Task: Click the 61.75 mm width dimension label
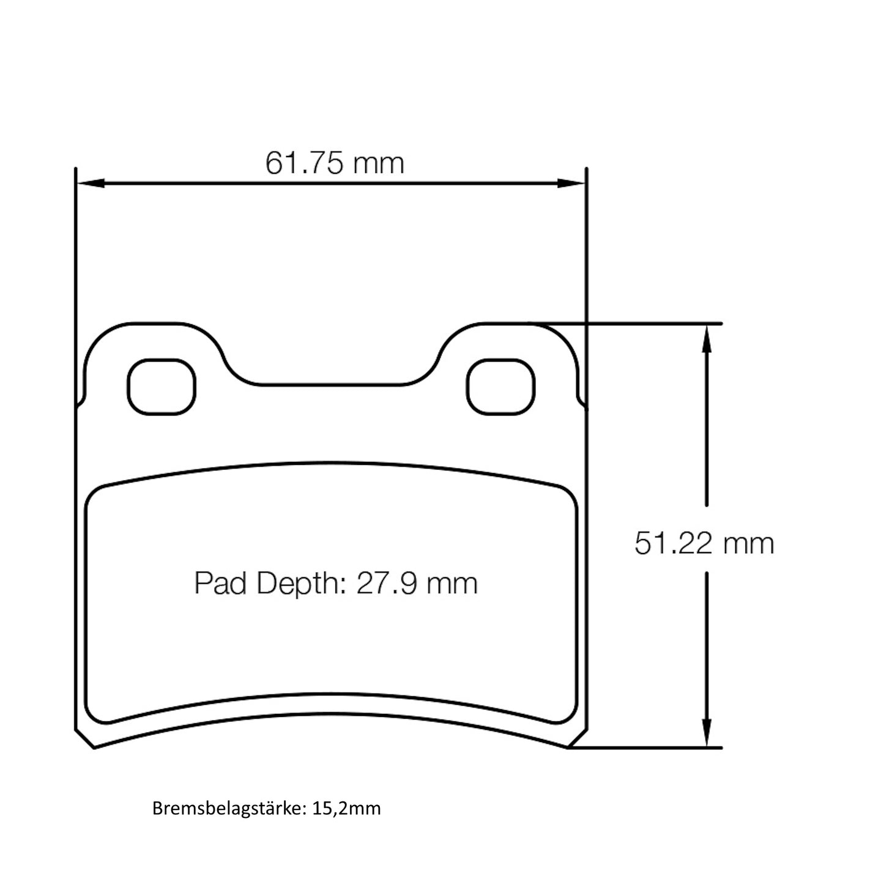[335, 163]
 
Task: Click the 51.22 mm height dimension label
[704, 543]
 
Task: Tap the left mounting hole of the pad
[162, 387]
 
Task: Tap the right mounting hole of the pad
[500, 387]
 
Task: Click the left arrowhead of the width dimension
[89, 183]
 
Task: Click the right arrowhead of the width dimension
[573, 183]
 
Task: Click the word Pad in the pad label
[221, 583]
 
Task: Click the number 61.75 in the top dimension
[303, 163]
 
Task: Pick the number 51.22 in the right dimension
[672, 543]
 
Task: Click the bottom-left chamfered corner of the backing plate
[84, 738]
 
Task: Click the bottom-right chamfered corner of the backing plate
[578, 738]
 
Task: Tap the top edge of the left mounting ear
[153, 324]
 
